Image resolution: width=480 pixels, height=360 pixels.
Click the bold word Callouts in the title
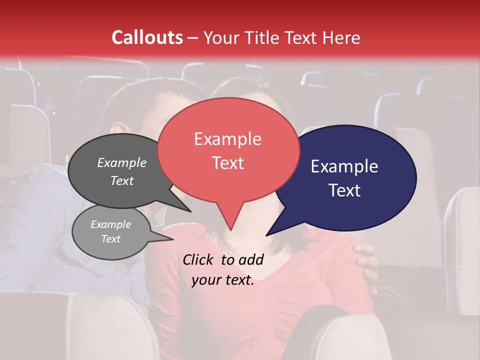[147, 37]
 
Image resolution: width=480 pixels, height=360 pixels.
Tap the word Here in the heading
[342, 37]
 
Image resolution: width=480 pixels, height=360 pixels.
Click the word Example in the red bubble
[228, 139]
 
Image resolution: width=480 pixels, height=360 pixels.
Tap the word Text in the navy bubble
[345, 190]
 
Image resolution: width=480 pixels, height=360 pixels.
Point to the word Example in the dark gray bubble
[121, 162]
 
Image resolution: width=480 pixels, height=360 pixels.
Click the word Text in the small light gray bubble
[111, 239]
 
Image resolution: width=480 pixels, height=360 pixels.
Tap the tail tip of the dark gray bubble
[190, 210]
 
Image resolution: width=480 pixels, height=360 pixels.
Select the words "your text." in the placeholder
[223, 280]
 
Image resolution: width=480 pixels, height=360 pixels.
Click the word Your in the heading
[222, 37]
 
